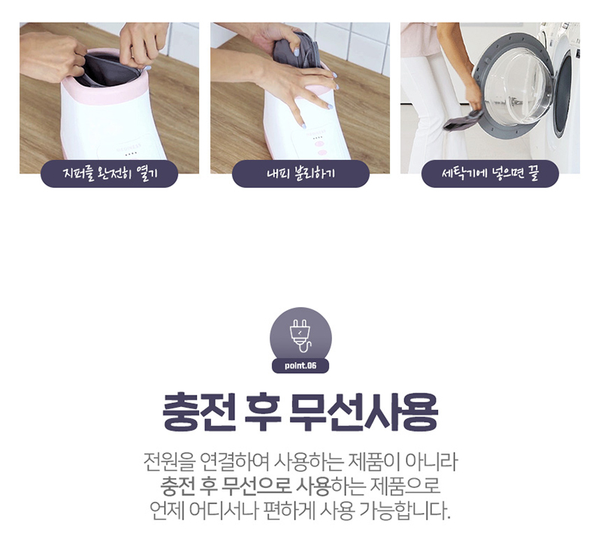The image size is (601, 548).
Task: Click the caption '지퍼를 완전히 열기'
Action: [x=110, y=173]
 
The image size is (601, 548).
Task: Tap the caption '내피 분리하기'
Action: [x=301, y=173]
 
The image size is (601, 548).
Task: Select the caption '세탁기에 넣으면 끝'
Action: [x=491, y=173]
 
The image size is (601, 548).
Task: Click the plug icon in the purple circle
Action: [x=301, y=336]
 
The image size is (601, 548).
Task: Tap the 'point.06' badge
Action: [x=300, y=366]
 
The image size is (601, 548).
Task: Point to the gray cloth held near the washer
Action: [x=463, y=120]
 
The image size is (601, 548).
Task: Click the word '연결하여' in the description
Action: [x=234, y=462]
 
